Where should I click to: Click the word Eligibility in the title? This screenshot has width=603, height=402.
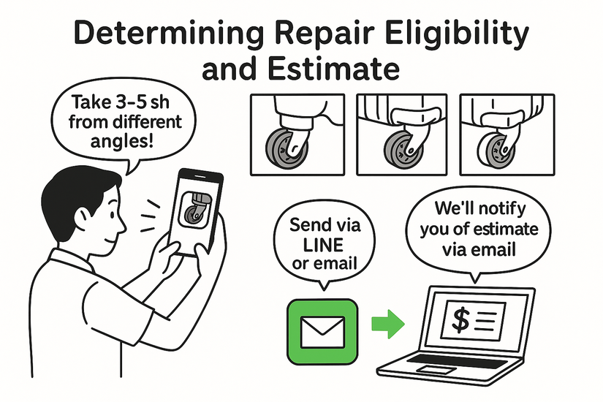coord(457,34)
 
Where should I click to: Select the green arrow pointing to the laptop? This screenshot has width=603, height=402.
coord(388,324)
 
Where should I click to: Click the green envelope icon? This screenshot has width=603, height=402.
coord(322,332)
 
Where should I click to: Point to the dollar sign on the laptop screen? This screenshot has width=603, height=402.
coord(460,320)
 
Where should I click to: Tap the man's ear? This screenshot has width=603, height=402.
coord(83,219)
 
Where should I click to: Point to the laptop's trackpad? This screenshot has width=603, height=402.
coord(436,370)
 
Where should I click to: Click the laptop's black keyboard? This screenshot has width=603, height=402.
coord(458,362)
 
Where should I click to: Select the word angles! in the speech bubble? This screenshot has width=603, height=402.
coord(122,141)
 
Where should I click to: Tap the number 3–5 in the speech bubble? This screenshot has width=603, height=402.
coord(128,102)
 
